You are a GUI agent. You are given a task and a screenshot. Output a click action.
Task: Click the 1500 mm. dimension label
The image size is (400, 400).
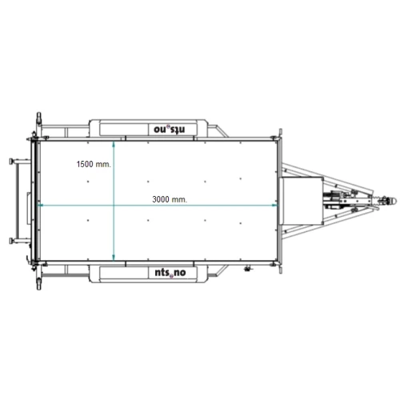94,164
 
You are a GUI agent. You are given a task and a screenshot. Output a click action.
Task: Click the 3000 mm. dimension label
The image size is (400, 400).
170,199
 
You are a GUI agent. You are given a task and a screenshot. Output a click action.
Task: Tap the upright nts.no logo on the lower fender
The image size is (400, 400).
170,273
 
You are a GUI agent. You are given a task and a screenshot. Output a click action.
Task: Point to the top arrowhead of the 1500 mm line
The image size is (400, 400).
114,144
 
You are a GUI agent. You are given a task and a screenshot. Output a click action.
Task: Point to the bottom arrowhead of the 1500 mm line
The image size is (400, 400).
114,258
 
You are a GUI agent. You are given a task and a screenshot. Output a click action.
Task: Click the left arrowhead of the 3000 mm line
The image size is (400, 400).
40,205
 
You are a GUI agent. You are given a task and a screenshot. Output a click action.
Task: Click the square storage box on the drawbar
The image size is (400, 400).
301,201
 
